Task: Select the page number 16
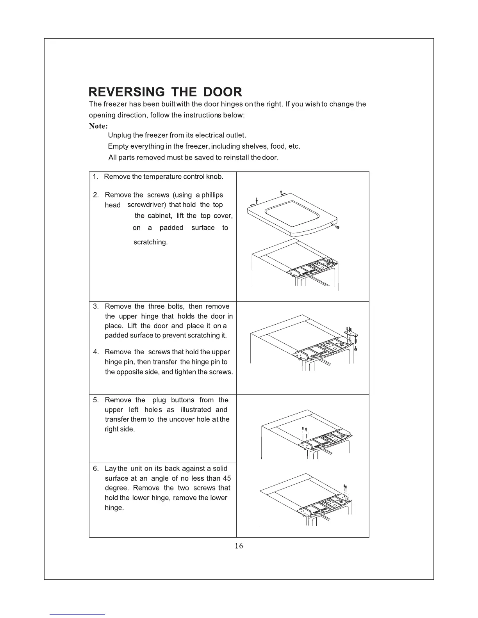239,546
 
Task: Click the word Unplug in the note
119,135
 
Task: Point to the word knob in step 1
215,177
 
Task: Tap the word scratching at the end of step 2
150,242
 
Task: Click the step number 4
96,352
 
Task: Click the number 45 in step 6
227,479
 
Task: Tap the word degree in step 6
117,488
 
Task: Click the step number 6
96,469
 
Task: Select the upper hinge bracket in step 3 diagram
351,332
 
